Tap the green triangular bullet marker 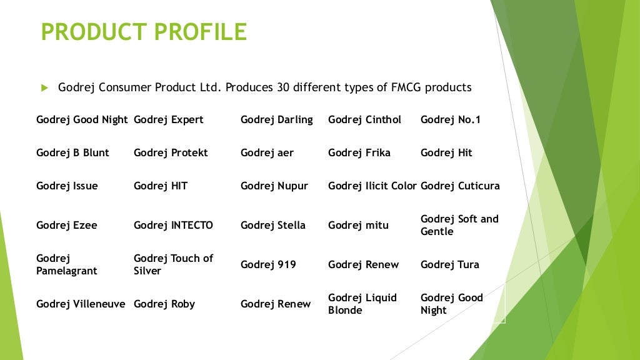(x=44, y=88)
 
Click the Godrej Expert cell (x=169, y=119)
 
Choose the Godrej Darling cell (x=277, y=119)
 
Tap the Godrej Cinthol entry (x=364, y=119)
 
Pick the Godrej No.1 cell (x=451, y=119)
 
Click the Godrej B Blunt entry (x=72, y=152)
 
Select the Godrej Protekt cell (x=171, y=152)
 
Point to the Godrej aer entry (x=267, y=152)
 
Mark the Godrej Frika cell (x=359, y=152)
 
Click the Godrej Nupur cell (x=274, y=186)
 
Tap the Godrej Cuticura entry (x=460, y=186)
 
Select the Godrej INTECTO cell (x=173, y=225)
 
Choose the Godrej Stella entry (x=273, y=225)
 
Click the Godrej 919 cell (x=268, y=264)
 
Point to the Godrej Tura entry (x=450, y=264)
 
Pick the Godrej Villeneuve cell (x=81, y=304)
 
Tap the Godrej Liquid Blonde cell (x=362, y=304)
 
